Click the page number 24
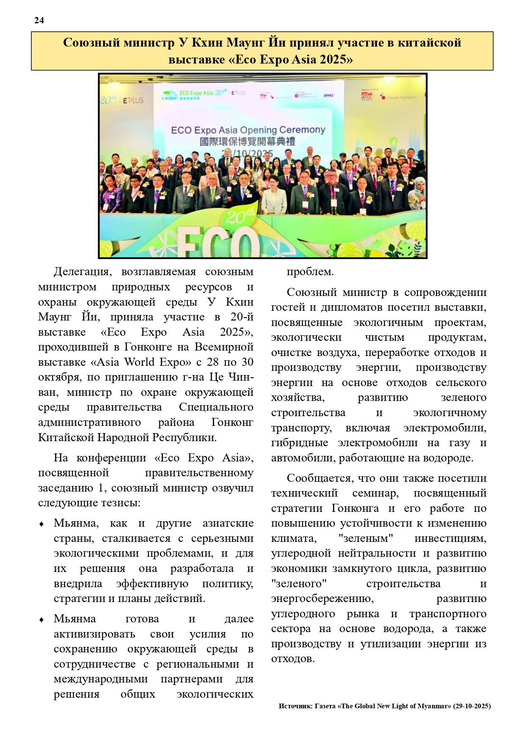click(39, 20)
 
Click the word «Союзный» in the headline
click(88, 43)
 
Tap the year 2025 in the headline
click(333, 59)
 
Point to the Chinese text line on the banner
click(247, 141)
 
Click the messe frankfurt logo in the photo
click(399, 97)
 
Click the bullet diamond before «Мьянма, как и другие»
click(41, 524)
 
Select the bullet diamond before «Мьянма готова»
click(41, 620)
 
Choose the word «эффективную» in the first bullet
click(152, 584)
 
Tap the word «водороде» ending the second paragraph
click(448, 458)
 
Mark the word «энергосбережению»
click(322, 599)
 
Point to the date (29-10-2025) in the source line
click(472, 706)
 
